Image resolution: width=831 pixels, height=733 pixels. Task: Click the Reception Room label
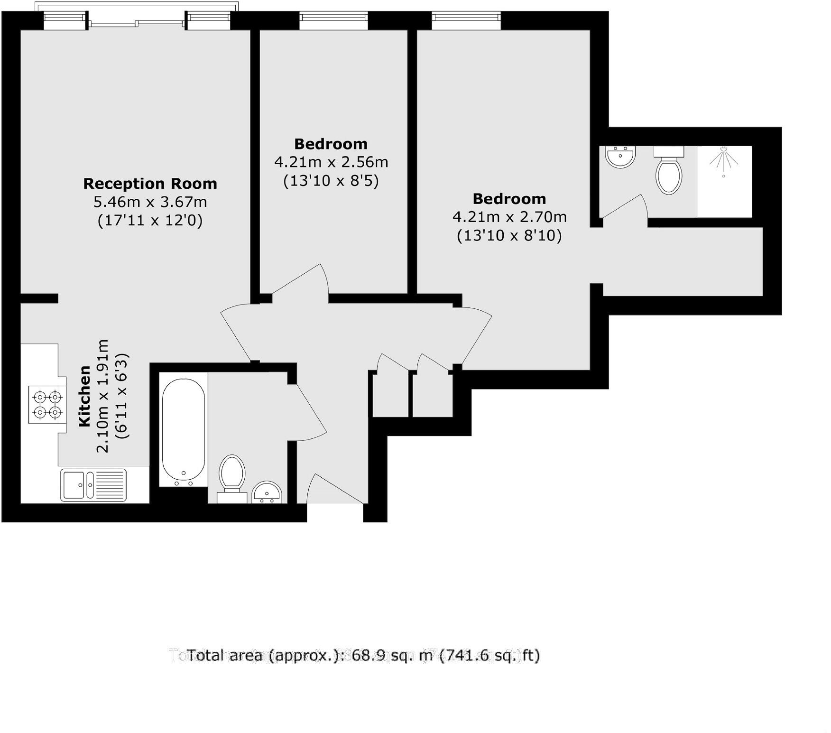click(x=150, y=184)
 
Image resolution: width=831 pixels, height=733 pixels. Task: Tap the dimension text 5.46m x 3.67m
click(x=150, y=202)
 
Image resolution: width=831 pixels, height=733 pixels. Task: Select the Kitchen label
click(x=84, y=396)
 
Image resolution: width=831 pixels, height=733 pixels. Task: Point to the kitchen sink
click(x=93, y=485)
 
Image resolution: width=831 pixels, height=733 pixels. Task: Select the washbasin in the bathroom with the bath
click(x=268, y=493)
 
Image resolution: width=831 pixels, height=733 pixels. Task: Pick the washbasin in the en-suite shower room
click(x=620, y=157)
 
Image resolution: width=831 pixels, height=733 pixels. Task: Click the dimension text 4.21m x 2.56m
click(x=331, y=162)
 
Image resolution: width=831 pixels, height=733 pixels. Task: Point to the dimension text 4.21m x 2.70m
click(x=509, y=217)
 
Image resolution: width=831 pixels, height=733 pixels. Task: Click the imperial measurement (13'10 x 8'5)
click(x=331, y=181)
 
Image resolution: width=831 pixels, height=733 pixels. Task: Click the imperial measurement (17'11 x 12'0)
click(x=150, y=221)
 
